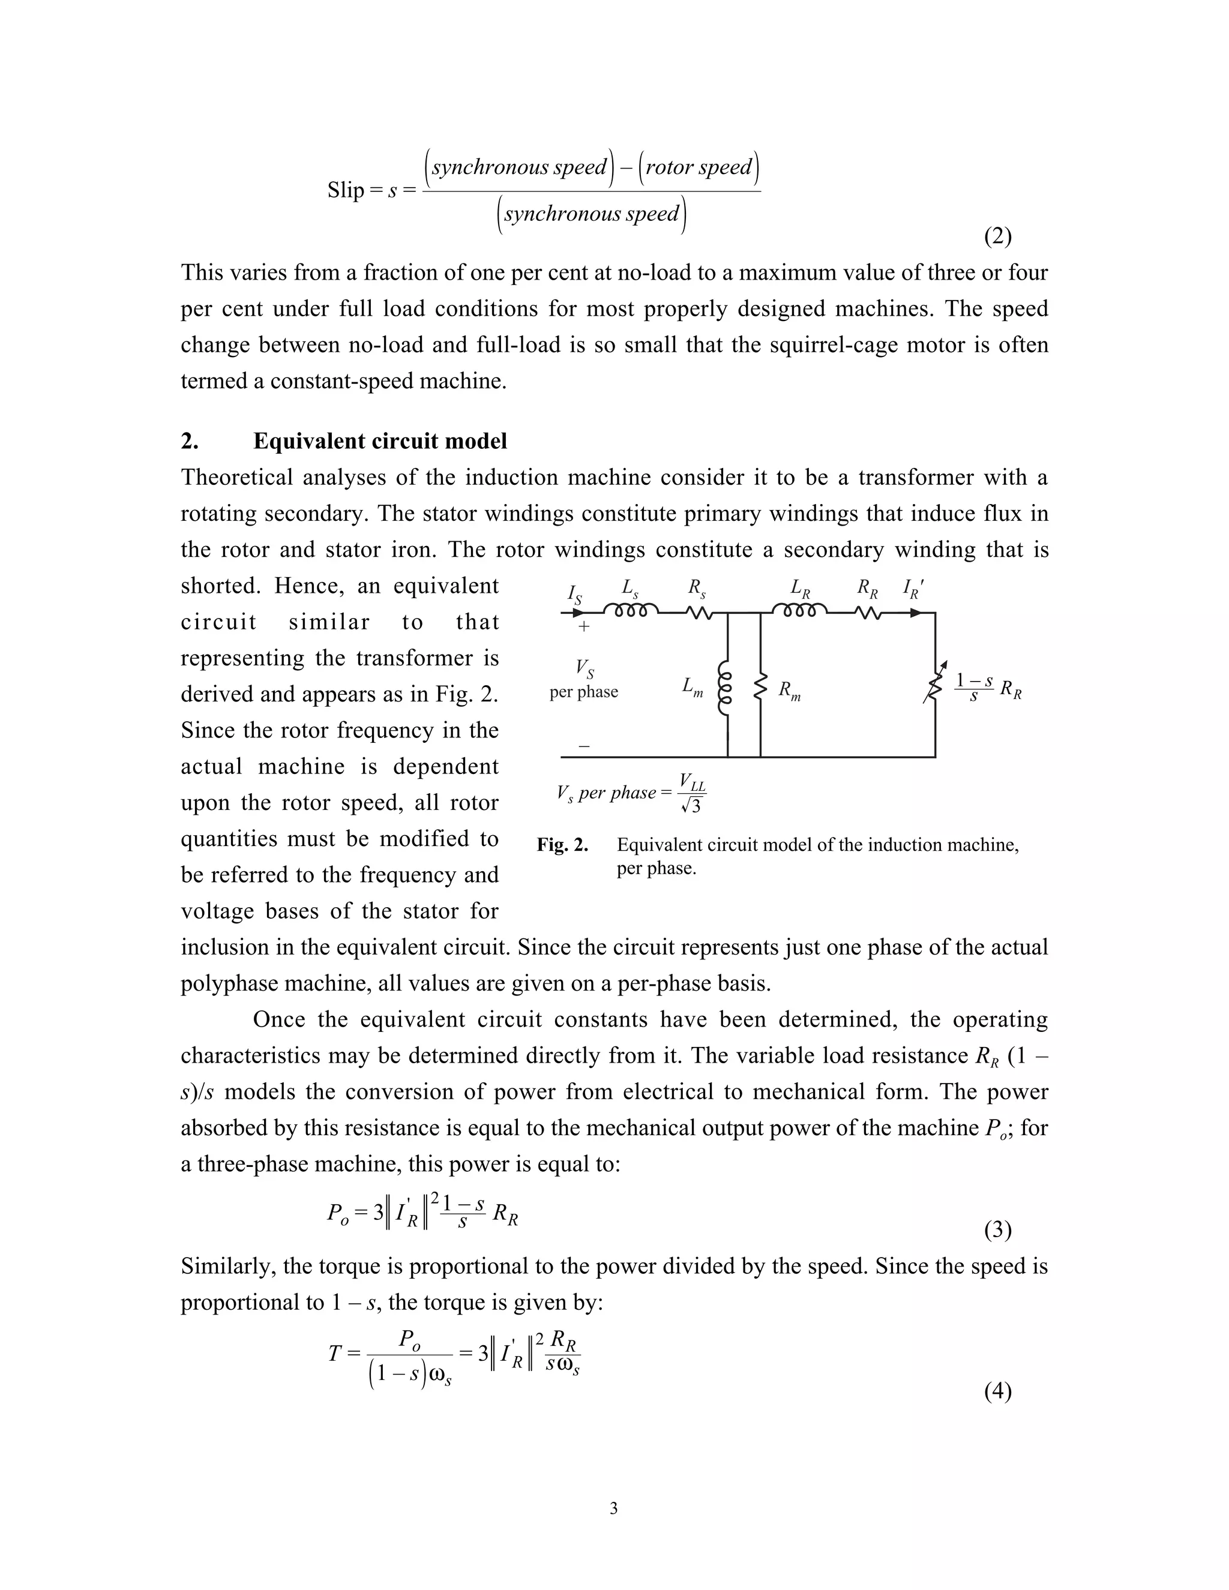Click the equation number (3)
[997, 1229]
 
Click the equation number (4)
[997, 1391]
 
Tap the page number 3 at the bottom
[613, 1508]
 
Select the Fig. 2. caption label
[562, 845]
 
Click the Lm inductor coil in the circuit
[724, 689]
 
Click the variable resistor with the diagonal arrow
[935, 683]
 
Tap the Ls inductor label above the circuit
[630, 587]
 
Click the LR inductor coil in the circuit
[799, 610]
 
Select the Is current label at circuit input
[574, 593]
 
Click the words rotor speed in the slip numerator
[699, 167]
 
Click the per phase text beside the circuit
[584, 692]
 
